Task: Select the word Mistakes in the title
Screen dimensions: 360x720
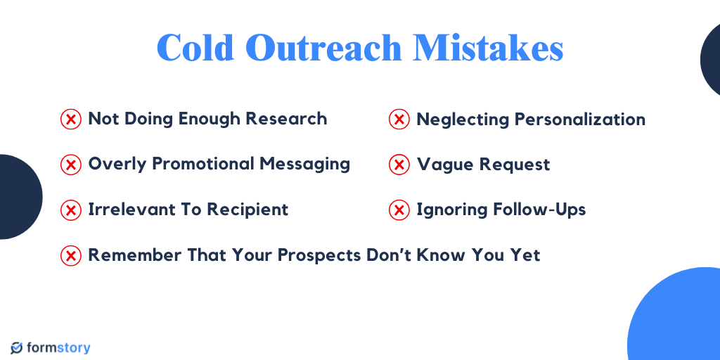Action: click(x=488, y=48)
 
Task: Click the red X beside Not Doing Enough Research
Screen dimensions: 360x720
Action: click(x=70, y=120)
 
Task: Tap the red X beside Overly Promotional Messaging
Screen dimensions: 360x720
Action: click(x=70, y=165)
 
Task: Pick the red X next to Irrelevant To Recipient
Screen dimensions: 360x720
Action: click(x=70, y=210)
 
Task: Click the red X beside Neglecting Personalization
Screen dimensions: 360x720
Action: click(x=399, y=120)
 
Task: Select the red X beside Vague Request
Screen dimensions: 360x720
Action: click(x=399, y=165)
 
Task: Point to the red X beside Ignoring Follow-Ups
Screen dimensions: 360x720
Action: click(x=399, y=210)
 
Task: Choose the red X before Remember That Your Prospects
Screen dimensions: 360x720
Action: click(x=70, y=255)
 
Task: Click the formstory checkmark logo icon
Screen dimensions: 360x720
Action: click(x=17, y=348)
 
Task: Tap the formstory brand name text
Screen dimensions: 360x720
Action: click(x=59, y=348)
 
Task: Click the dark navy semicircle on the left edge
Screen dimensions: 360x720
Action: click(x=18, y=197)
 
